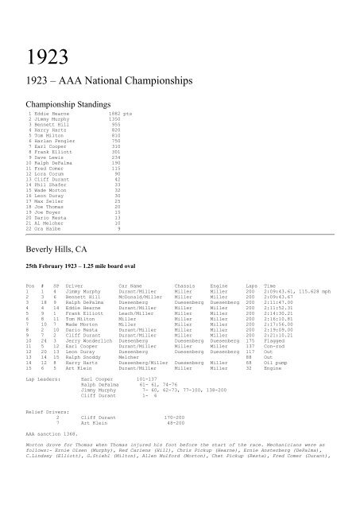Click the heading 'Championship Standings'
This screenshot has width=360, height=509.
[x=60, y=103]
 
